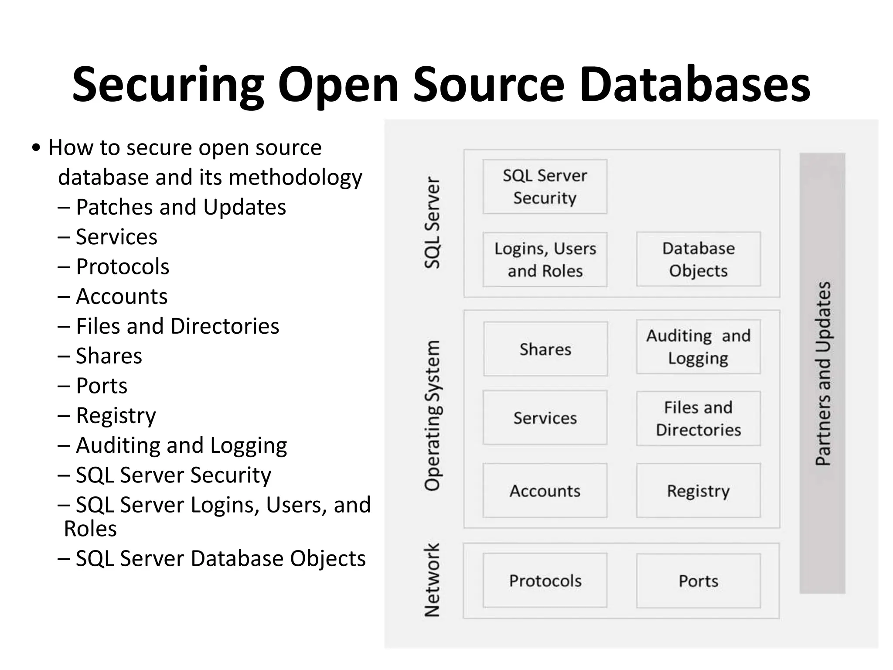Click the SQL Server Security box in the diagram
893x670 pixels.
click(545, 187)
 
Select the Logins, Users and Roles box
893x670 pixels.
click(545, 260)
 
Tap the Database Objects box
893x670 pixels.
click(698, 259)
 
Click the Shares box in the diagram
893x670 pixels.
click(545, 349)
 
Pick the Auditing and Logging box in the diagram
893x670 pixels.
click(698, 347)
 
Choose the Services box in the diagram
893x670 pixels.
click(545, 418)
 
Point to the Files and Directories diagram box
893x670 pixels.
click(698, 418)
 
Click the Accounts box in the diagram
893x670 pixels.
click(545, 491)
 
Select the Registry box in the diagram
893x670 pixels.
click(698, 491)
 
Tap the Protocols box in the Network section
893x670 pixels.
click(545, 581)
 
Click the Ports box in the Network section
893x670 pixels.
click(698, 581)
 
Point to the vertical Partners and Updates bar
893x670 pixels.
click(822, 373)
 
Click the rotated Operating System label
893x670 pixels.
click(432, 416)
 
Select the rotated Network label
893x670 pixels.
click(432, 580)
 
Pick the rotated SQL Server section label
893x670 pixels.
click(432, 222)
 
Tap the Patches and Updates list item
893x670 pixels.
click(181, 207)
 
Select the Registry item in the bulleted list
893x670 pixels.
click(116, 415)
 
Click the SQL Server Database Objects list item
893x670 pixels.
click(220, 558)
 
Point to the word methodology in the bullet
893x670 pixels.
click(295, 177)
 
